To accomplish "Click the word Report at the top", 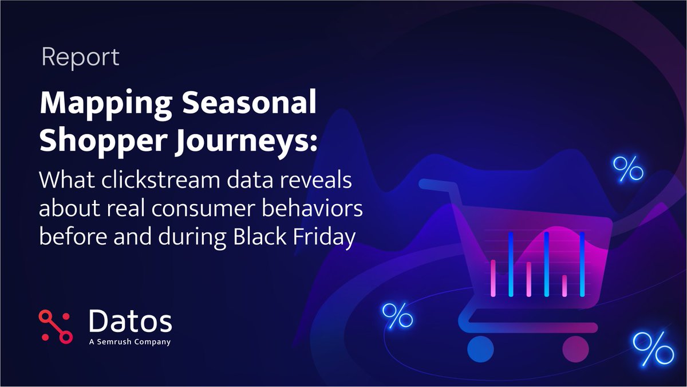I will click(81, 58).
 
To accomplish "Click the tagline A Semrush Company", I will click(130, 342).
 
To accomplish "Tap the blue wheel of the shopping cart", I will click(480, 348).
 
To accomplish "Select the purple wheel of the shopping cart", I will click(575, 348).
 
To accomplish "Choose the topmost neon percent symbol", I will click(628, 169).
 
